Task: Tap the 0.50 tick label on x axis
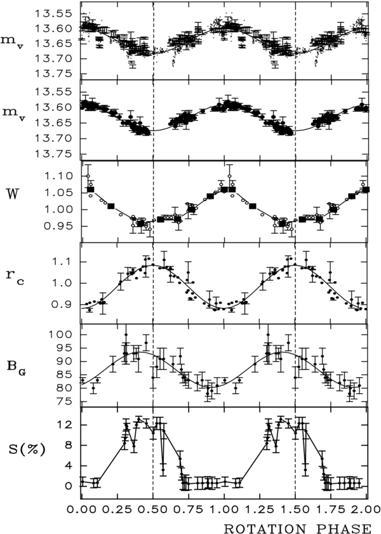[x=152, y=509]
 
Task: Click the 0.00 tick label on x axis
[x=81, y=509]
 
